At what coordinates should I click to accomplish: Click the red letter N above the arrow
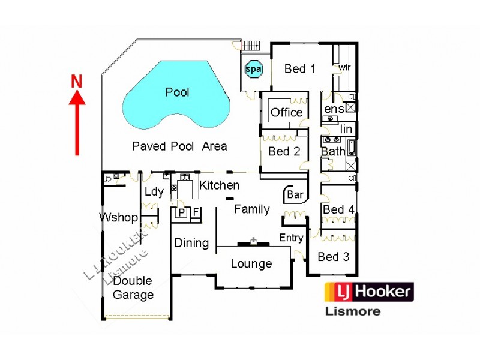(76, 81)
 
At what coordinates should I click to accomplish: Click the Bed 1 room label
(299, 68)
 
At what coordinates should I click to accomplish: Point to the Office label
(287, 112)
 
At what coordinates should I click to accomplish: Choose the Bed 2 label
(284, 151)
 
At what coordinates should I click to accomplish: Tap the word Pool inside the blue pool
(177, 92)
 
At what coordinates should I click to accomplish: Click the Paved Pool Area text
(179, 146)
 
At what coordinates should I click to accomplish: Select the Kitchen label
(220, 185)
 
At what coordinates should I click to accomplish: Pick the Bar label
(295, 194)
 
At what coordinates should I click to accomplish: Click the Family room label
(251, 209)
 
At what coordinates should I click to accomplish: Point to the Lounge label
(251, 263)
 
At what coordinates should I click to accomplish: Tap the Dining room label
(191, 243)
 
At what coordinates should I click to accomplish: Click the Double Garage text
(133, 287)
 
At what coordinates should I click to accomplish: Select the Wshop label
(119, 217)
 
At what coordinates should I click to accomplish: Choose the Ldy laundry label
(154, 192)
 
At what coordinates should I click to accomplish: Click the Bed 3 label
(333, 257)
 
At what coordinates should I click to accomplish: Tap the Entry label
(292, 238)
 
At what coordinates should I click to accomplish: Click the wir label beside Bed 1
(344, 67)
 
